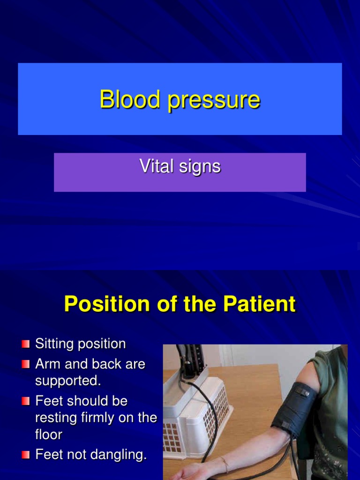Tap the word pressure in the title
tap(214, 100)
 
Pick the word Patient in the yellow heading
tap(259, 304)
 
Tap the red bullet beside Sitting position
tap(26, 345)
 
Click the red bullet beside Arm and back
tap(26, 365)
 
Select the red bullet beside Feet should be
tap(26, 401)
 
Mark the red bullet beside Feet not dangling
tap(26, 455)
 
